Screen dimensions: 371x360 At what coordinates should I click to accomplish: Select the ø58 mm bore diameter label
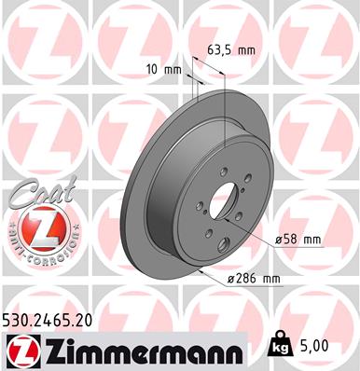pyautogui.click(x=298, y=240)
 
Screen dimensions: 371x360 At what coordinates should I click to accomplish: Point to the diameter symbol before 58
pyautogui.click(x=278, y=240)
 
